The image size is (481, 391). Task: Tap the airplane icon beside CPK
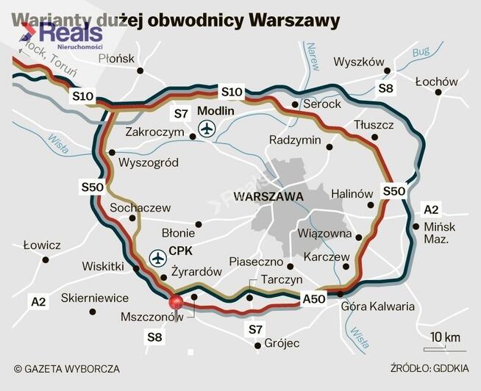[x=157, y=258]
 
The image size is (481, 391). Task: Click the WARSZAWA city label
[x=268, y=197]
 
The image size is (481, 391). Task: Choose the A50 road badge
[x=313, y=299]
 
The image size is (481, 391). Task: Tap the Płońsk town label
[x=117, y=58]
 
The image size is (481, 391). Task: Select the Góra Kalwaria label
[x=376, y=306]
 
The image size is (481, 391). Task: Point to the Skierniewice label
[x=95, y=298]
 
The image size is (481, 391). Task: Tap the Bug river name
[x=421, y=52]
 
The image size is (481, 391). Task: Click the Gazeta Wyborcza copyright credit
[x=66, y=369]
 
